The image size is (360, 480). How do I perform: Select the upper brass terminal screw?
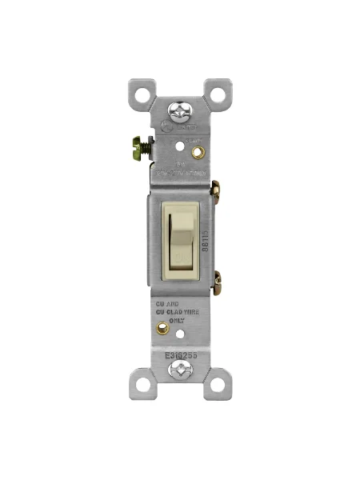tap(215, 190)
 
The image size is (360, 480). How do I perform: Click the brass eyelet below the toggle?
tap(163, 328)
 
